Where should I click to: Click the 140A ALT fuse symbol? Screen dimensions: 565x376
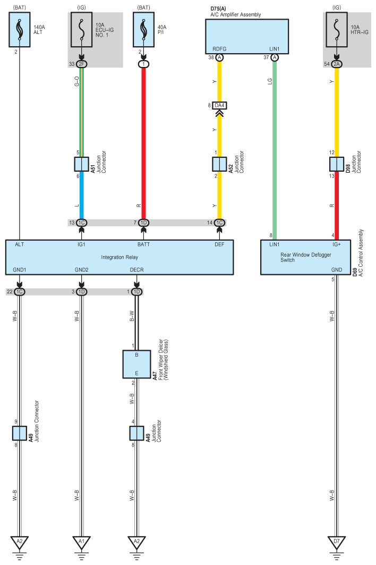coord(19,30)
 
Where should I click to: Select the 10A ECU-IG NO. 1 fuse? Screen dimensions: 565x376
coord(81,30)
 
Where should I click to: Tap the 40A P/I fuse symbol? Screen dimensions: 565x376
coord(143,30)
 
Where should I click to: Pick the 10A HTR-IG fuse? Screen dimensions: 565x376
coord(336,30)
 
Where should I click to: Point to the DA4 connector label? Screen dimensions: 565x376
coord(219,105)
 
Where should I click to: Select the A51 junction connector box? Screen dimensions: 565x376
coord(81,164)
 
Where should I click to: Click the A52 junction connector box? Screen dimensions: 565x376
coord(219,164)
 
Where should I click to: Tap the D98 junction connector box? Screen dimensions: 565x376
coord(336,164)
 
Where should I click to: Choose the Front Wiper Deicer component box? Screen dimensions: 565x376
coord(136,364)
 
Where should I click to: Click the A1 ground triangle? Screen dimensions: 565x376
coord(81,542)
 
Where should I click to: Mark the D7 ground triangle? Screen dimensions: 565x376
coord(336,542)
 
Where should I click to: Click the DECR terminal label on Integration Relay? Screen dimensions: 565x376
coord(136,269)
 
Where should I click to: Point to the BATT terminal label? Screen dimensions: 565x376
coord(143,245)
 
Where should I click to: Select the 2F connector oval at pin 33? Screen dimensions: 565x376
coord(81,64)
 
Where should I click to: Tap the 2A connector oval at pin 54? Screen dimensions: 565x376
coord(336,64)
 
